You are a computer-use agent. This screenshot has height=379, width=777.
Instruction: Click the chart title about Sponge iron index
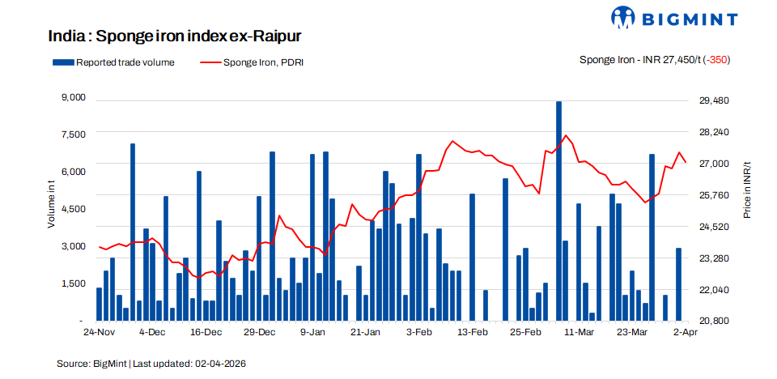(175, 37)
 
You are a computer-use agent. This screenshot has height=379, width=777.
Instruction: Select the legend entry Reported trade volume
(113, 62)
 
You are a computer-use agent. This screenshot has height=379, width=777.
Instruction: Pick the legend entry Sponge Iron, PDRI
(251, 62)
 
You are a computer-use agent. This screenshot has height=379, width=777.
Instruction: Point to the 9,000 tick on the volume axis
(74, 98)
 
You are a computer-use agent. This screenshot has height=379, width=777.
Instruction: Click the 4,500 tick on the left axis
(74, 209)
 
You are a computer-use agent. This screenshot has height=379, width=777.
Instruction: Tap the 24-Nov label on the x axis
(100, 333)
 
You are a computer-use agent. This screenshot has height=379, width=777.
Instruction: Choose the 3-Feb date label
(419, 333)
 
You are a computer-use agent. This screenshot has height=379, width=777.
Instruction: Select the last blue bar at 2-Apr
(679, 283)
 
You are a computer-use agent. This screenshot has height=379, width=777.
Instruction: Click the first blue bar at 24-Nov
(100, 304)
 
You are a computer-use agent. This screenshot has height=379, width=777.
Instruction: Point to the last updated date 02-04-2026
(219, 364)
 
